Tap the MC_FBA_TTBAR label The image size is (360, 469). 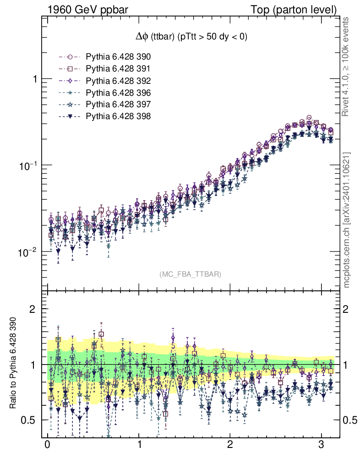pos(190,274)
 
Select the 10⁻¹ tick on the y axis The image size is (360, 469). pos(28,165)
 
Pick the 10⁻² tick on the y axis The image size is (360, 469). pos(28,252)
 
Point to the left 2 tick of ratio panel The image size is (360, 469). pos(33,309)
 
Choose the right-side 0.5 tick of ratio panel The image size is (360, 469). pos(350,420)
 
